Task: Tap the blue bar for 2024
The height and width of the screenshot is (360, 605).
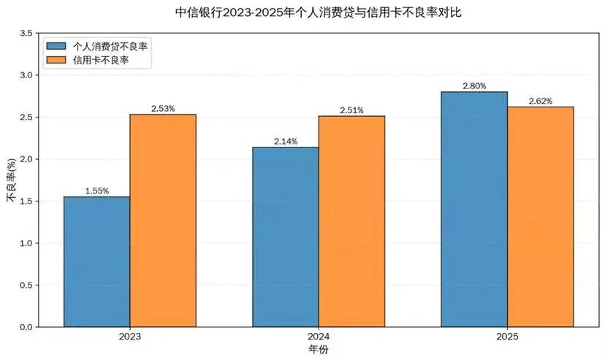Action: point(285,237)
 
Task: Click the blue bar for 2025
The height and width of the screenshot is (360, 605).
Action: point(474,209)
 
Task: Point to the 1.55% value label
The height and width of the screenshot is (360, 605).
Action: point(96,191)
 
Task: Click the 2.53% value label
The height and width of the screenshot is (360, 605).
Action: point(163,109)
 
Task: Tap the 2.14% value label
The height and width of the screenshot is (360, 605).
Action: point(285,142)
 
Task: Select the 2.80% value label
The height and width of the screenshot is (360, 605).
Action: point(474,86)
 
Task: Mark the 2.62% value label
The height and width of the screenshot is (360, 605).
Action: point(540,101)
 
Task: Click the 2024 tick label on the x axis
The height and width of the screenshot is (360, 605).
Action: point(319,337)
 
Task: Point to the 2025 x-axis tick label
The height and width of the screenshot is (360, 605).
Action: point(507,337)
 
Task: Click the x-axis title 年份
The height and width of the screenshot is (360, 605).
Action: point(319,351)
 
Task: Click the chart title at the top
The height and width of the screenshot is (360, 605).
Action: point(319,12)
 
